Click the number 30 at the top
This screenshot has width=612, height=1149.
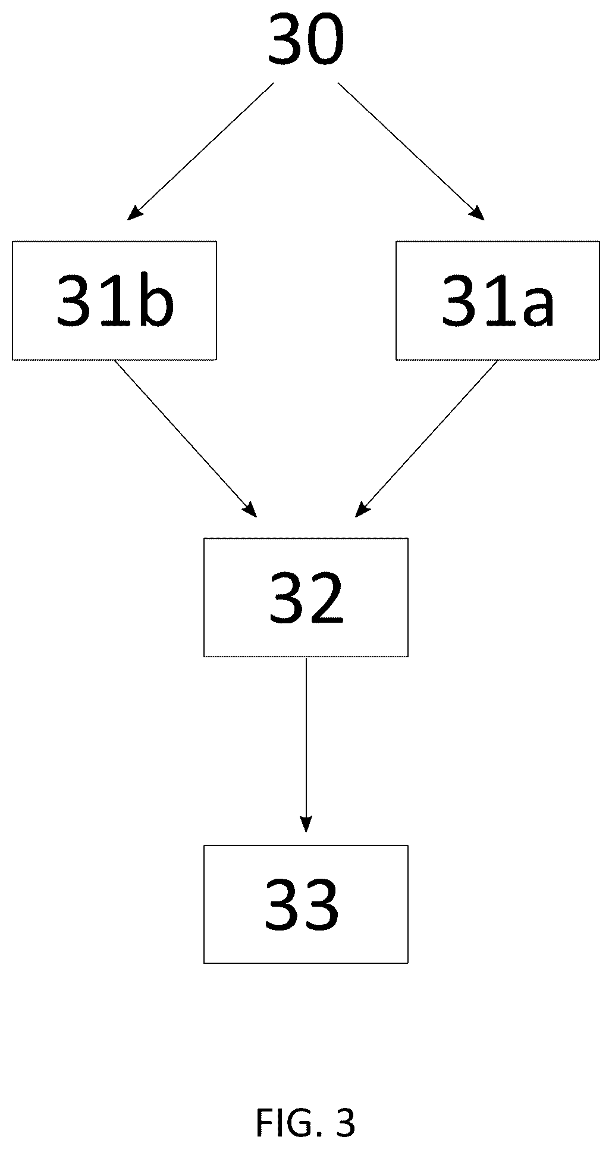click(x=306, y=40)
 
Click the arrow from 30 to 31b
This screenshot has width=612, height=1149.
click(x=201, y=151)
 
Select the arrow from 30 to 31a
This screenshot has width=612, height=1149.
click(x=411, y=151)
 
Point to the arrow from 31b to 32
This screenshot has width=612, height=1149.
click(x=186, y=439)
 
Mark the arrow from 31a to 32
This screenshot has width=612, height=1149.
click(x=426, y=439)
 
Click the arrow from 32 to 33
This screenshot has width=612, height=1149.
click(x=306, y=745)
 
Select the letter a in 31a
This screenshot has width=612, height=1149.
click(x=536, y=307)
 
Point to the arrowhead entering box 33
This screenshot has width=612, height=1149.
click(x=306, y=825)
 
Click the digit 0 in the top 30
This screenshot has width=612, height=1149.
click(x=326, y=40)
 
